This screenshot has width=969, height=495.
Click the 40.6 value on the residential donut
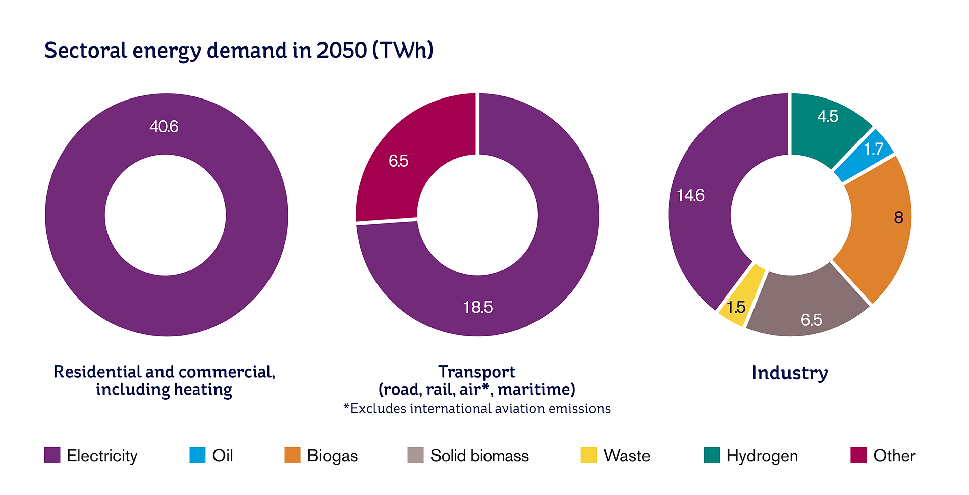164,126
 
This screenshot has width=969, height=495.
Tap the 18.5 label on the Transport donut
477,307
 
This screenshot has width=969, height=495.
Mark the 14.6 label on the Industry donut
690,195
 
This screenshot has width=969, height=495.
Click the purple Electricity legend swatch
52,455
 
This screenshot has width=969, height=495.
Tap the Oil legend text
223,456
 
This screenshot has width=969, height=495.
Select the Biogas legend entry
332,456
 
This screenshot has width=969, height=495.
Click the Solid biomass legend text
479,456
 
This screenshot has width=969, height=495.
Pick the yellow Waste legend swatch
588,455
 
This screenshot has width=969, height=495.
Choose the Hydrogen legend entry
762,456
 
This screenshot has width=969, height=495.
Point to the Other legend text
894,456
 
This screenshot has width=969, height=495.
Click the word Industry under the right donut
790,373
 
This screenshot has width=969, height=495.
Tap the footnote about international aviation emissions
477,408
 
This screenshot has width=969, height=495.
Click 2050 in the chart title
342,50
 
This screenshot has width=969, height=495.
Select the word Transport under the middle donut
476,372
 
